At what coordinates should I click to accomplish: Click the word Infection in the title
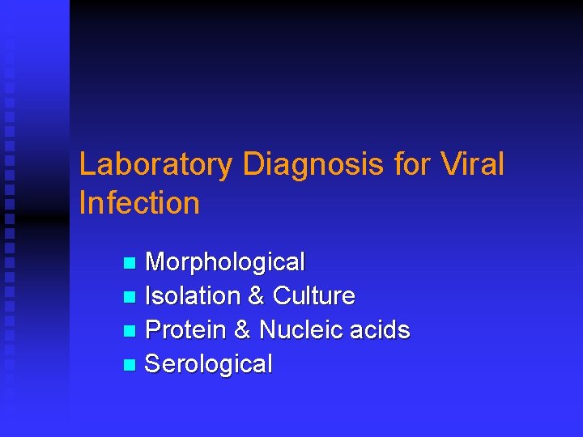139,202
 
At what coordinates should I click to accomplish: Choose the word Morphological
224,262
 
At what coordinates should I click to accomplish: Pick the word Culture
314,296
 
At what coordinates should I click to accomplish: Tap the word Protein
185,330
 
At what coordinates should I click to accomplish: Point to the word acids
380,330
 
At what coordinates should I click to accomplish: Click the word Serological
208,364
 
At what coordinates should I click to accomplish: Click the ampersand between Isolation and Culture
256,296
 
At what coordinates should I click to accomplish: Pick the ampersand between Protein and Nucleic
242,330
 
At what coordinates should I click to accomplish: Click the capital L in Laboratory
87,165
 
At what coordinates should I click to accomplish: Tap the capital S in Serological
152,364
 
